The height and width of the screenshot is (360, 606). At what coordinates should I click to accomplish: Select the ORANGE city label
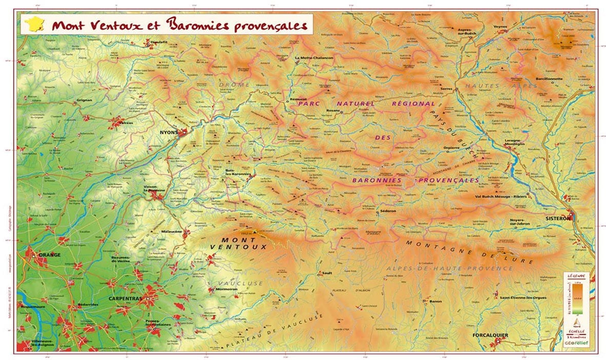pyautogui.click(x=49, y=255)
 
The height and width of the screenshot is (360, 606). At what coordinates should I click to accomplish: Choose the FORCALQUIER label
pyautogui.click(x=490, y=335)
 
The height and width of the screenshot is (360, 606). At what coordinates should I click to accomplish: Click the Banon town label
pyautogui.click(x=436, y=301)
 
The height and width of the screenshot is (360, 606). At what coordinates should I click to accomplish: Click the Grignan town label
pyautogui.click(x=84, y=100)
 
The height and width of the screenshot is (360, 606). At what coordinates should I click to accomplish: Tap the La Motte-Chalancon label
pyautogui.click(x=314, y=58)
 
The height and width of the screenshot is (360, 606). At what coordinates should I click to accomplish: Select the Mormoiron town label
pyautogui.click(x=226, y=290)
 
